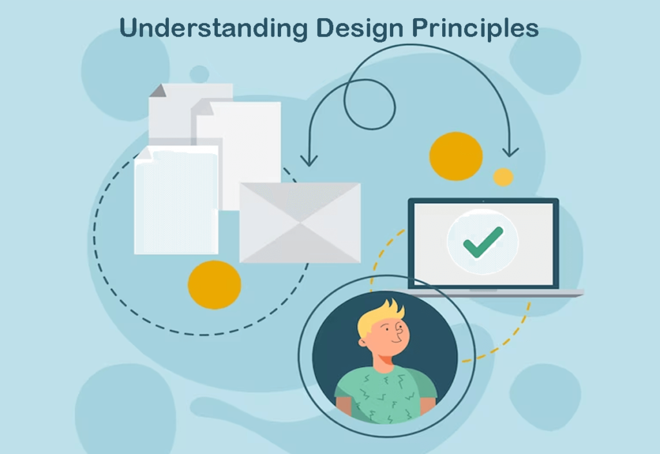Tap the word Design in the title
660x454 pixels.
coord(349,29)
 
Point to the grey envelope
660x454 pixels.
coord(300,222)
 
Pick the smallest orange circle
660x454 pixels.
coord(503,177)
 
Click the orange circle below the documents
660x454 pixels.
coord(214,284)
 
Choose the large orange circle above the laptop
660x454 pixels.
coord(456,156)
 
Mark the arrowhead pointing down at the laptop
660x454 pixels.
coord(510,152)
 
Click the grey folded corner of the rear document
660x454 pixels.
coord(157,90)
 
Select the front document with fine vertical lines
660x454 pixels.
coord(175,200)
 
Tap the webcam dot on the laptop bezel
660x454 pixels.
coord(483,201)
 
